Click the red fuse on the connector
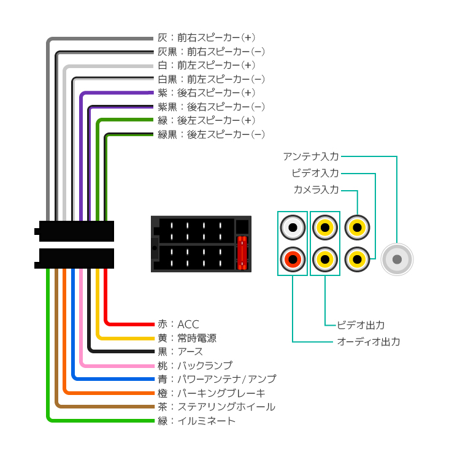click(242, 253)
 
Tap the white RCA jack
click(293, 228)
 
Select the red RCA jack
click(293, 259)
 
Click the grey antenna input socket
click(397, 259)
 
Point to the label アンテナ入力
click(311, 156)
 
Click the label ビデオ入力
click(315, 173)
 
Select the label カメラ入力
click(316, 190)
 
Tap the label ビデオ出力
click(361, 325)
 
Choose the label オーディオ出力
click(369, 342)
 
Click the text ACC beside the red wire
click(188, 324)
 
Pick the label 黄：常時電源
click(187, 338)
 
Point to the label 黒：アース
click(180, 352)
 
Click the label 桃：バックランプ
click(195, 366)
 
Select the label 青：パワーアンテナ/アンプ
click(217, 379)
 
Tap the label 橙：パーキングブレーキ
click(212, 393)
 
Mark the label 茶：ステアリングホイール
click(217, 407)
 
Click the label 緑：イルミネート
click(196, 421)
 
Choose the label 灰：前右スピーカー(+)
click(207, 37)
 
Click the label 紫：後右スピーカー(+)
click(207, 93)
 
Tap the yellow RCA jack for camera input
click(357, 228)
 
